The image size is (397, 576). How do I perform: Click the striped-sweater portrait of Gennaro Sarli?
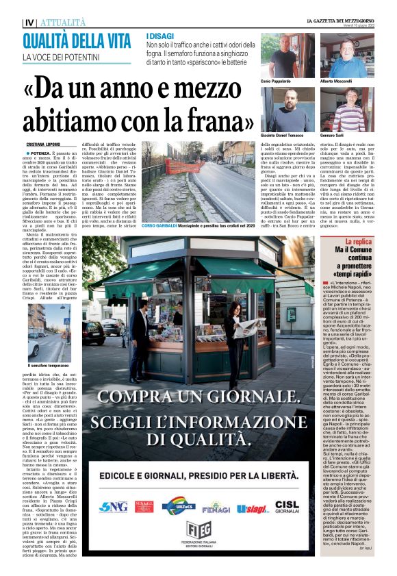pos(347,111)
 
